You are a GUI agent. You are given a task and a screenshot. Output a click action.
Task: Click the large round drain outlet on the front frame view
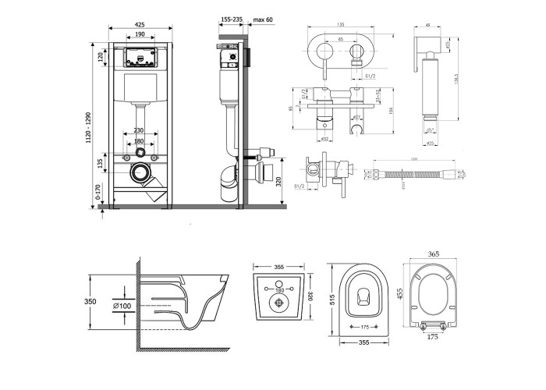click(141, 172)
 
